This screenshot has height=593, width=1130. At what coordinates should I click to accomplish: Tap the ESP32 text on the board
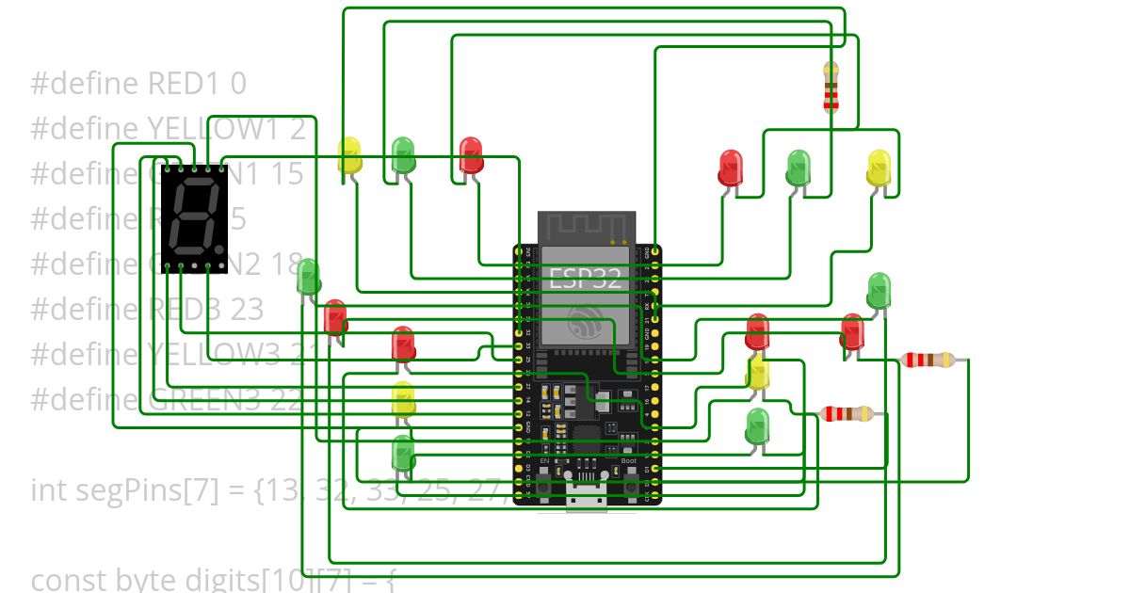tap(585, 279)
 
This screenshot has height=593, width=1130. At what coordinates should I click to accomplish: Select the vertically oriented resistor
tap(831, 88)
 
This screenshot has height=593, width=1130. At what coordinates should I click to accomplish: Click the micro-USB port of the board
tap(587, 498)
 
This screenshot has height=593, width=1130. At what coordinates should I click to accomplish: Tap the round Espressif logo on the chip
tap(587, 325)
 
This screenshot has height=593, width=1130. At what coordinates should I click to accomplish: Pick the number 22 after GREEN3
tap(286, 400)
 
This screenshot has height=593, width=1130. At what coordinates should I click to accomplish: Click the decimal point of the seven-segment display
tap(221, 250)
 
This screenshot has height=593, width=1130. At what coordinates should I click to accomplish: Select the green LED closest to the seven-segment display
tap(308, 276)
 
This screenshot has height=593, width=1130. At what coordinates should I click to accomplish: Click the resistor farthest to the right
tap(928, 360)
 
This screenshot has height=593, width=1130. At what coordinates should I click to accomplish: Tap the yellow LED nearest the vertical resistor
tap(878, 168)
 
